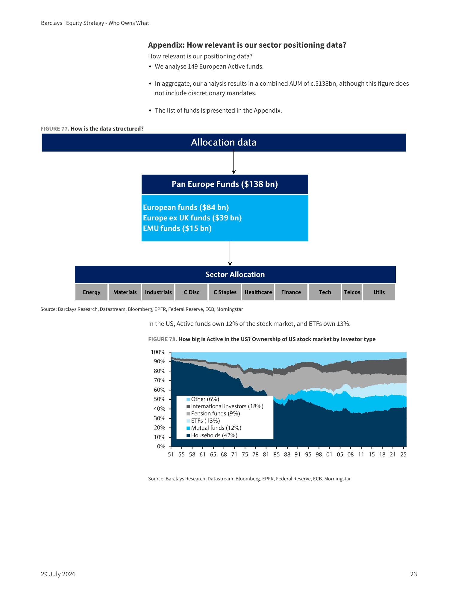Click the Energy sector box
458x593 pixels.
pyautogui.click(x=92, y=292)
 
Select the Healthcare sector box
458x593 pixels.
pyautogui.click(x=258, y=292)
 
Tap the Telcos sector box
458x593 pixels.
pyautogui.click(x=352, y=292)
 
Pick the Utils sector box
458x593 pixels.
pyautogui.click(x=379, y=292)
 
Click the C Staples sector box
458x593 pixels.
pyautogui.click(x=225, y=292)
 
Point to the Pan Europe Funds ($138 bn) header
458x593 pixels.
pyautogui.click(x=225, y=184)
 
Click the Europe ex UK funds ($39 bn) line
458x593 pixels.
pyautogui.click(x=192, y=218)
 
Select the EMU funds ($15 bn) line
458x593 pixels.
pyautogui.click(x=177, y=228)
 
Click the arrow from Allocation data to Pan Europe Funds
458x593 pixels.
pyautogui.click(x=234, y=163)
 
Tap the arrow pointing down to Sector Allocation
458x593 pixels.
pyautogui.click(x=230, y=254)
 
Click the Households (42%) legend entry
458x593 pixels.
pyautogui.click(x=212, y=435)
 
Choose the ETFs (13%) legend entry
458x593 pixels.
pyautogui.click(x=203, y=421)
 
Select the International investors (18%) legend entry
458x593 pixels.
pyautogui.click(x=225, y=406)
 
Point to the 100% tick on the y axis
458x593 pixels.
pyautogui.click(x=169, y=352)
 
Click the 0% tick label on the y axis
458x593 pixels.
pyautogui.click(x=161, y=447)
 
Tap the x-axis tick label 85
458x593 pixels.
pyautogui.click(x=277, y=455)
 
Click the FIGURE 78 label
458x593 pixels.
pyautogui.click(x=163, y=339)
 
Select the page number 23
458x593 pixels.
pyautogui.click(x=413, y=574)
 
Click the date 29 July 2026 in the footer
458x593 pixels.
pyautogui.click(x=58, y=574)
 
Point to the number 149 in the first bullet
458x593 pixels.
pyautogui.click(x=193, y=66)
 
